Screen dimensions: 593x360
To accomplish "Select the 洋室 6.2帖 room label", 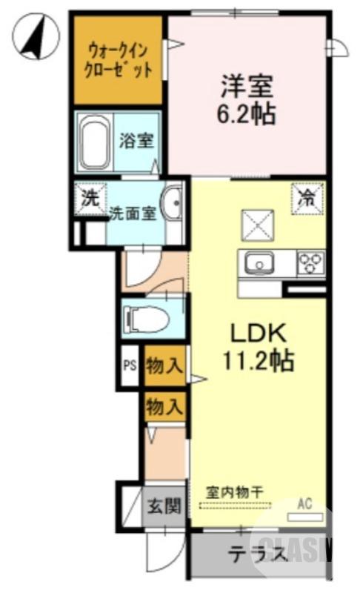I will (247, 99).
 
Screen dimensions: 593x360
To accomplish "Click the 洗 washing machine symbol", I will (90, 199).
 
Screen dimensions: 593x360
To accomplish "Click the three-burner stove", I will (311, 262).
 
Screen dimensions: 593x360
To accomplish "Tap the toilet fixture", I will (149, 318).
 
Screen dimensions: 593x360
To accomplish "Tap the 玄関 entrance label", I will (163, 508).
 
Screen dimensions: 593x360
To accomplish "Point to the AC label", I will (304, 504).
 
